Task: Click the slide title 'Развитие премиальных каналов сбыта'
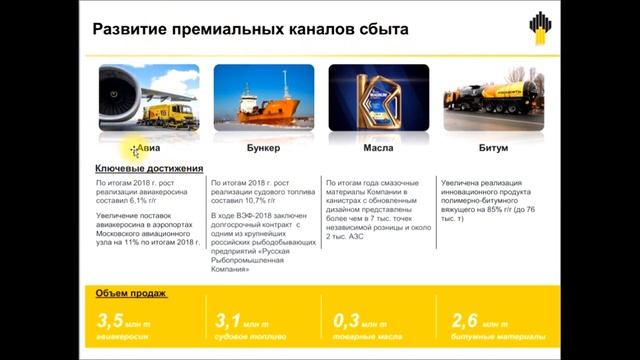[250, 30]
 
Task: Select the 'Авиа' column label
[148, 147]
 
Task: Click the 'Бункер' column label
[263, 147]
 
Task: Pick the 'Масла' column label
[377, 147]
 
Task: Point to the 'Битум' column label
[493, 147]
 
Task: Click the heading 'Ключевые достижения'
[149, 168]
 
